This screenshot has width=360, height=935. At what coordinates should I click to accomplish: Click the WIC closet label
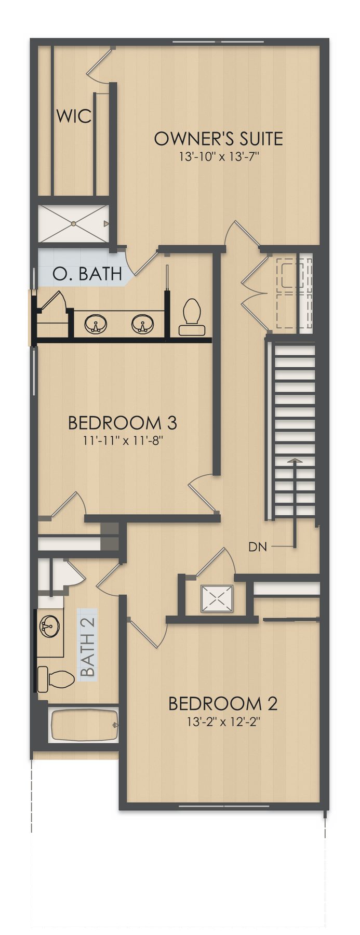pyautogui.click(x=74, y=115)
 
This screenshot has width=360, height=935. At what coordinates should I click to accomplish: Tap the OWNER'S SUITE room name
pyautogui.click(x=219, y=139)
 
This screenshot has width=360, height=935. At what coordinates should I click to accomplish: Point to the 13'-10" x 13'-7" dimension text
pyautogui.click(x=219, y=156)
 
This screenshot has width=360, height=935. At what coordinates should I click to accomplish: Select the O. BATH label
pyautogui.click(x=87, y=273)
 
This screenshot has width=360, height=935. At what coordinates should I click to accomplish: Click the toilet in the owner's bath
pyautogui.click(x=192, y=317)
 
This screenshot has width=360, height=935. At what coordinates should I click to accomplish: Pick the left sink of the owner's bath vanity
pyautogui.click(x=95, y=324)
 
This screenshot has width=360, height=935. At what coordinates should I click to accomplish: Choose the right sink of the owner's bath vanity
pyautogui.click(x=142, y=324)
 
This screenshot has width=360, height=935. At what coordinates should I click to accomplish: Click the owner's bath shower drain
pyautogui.click(x=73, y=223)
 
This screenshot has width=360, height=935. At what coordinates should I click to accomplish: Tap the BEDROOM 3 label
pyautogui.click(x=123, y=423)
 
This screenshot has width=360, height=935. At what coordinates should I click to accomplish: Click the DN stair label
pyautogui.click(x=258, y=546)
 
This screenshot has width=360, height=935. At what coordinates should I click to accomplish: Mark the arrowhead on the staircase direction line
pyautogui.click(x=295, y=460)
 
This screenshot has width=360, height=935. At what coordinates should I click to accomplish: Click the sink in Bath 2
pyautogui.click(x=50, y=625)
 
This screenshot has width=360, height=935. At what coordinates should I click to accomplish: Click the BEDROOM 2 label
pyautogui.click(x=223, y=704)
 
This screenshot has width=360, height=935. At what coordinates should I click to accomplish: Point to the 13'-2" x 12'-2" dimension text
pyautogui.click(x=223, y=722)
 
